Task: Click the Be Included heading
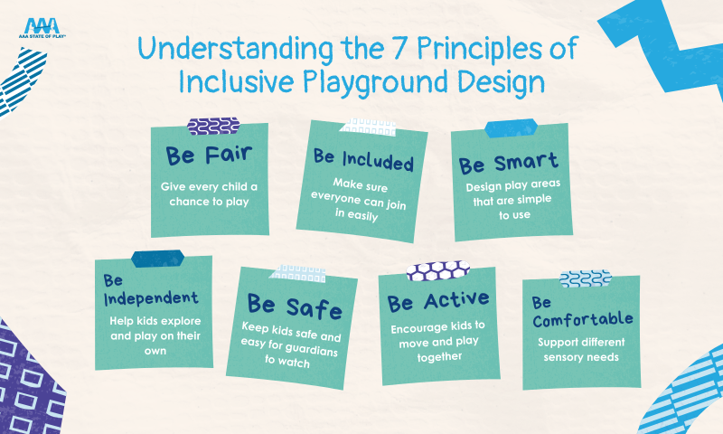(x=363, y=160)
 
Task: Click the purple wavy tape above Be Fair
(x=213, y=126)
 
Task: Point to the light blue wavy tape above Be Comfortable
(x=585, y=278)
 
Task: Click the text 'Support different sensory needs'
(x=581, y=350)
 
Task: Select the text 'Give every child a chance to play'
(x=211, y=194)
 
